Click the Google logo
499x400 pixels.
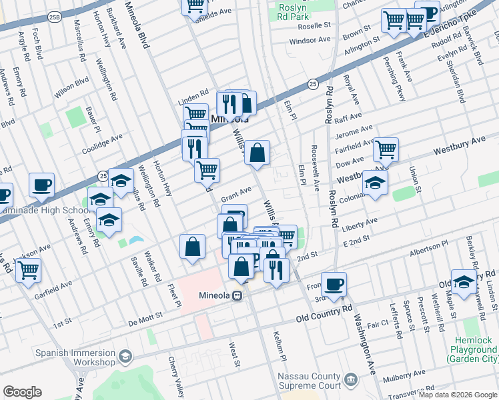click(x=22, y=392)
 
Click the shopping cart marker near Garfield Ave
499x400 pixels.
click(x=27, y=271)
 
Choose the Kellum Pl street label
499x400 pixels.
click(x=279, y=346)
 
